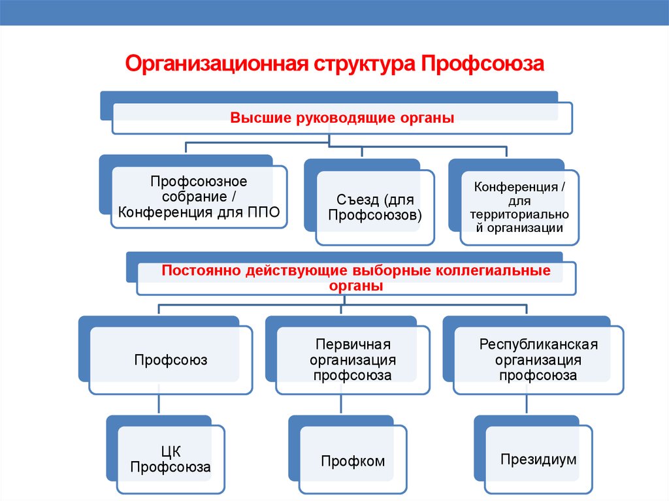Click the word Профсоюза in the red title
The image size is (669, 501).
click(483, 64)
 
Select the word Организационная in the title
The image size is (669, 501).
click(217, 64)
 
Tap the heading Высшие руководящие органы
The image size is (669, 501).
click(342, 118)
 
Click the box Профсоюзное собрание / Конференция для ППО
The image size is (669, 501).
click(199, 197)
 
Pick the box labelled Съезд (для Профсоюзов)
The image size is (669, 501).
click(375, 208)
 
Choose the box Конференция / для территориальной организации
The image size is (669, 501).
click(519, 208)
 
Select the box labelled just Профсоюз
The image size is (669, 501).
click(171, 360)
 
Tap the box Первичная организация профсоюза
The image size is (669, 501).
click(353, 360)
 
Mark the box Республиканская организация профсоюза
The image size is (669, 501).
click(538, 360)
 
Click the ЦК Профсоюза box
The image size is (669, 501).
click(171, 459)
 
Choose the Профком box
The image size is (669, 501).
click(353, 459)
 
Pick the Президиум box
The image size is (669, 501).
click(538, 459)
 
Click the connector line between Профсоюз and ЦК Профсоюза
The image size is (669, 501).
click(159, 404)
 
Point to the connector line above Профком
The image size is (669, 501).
click(341, 404)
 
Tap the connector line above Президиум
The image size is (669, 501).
click(527, 404)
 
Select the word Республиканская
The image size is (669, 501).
click(538, 344)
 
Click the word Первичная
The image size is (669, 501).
click(353, 344)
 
